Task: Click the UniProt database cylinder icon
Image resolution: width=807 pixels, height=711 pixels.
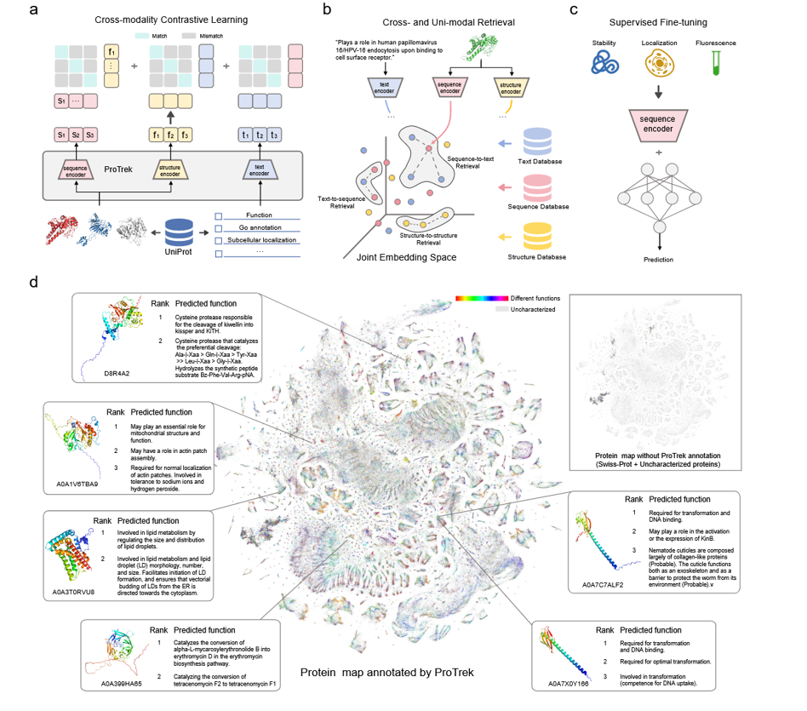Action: [180, 231]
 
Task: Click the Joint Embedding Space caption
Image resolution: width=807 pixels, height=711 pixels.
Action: [407, 257]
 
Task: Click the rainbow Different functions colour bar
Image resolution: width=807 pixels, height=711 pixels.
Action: [481, 299]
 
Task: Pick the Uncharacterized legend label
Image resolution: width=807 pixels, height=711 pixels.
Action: [535, 309]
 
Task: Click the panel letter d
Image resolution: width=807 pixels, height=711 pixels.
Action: [32, 281]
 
